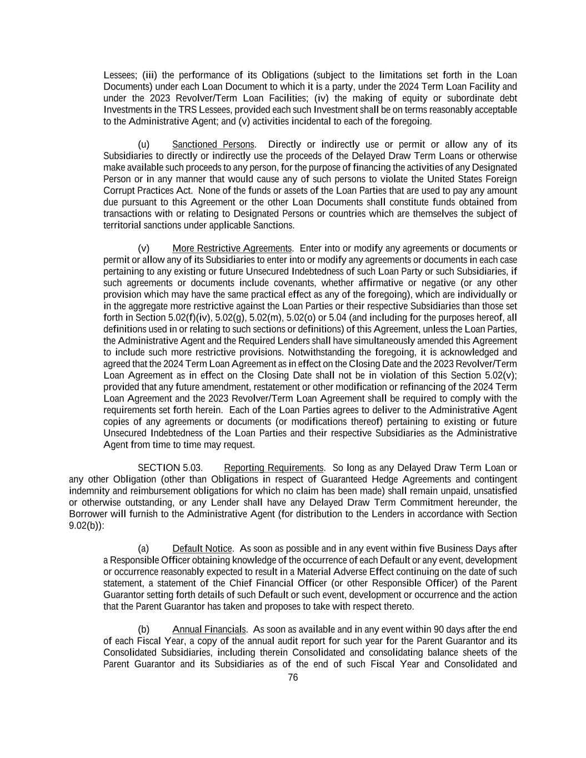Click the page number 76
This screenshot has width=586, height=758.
pyautogui.click(x=293, y=677)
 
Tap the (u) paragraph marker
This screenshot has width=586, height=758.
pyautogui.click(x=143, y=144)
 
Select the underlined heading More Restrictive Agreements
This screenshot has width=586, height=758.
pyautogui.click(x=232, y=248)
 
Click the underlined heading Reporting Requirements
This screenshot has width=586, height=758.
pyautogui.click(x=273, y=468)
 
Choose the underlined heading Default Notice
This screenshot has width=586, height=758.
pyautogui.click(x=202, y=549)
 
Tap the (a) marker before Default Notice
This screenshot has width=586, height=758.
pyautogui.click(x=143, y=549)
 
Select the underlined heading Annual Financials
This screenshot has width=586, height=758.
pyautogui.click(x=209, y=629)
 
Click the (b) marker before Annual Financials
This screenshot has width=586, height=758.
pyautogui.click(x=143, y=629)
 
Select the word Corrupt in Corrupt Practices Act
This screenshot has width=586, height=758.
pyautogui.click(x=119, y=190)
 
